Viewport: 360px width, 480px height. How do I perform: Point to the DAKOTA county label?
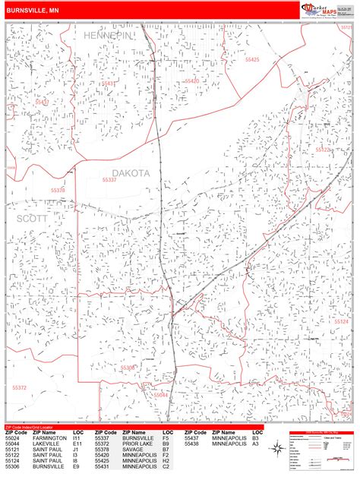point(131,172)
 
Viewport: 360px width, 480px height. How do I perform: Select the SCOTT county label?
point(30,217)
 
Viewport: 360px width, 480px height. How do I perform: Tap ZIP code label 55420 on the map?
point(191,81)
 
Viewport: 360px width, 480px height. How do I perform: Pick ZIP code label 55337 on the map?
point(109,181)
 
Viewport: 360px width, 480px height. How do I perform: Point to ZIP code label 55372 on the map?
point(18,387)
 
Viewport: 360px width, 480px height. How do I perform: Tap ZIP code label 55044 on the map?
point(161,395)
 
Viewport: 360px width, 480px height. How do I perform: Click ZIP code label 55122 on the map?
point(323,150)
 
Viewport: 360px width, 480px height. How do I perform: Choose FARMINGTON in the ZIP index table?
point(49,437)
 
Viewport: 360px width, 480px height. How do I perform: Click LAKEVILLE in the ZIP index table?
point(47,443)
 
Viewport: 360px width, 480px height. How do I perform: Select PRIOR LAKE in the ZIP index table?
point(139,443)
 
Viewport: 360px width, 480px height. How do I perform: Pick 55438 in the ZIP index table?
point(194,443)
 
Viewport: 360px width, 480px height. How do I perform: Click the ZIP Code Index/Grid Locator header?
point(33,427)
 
